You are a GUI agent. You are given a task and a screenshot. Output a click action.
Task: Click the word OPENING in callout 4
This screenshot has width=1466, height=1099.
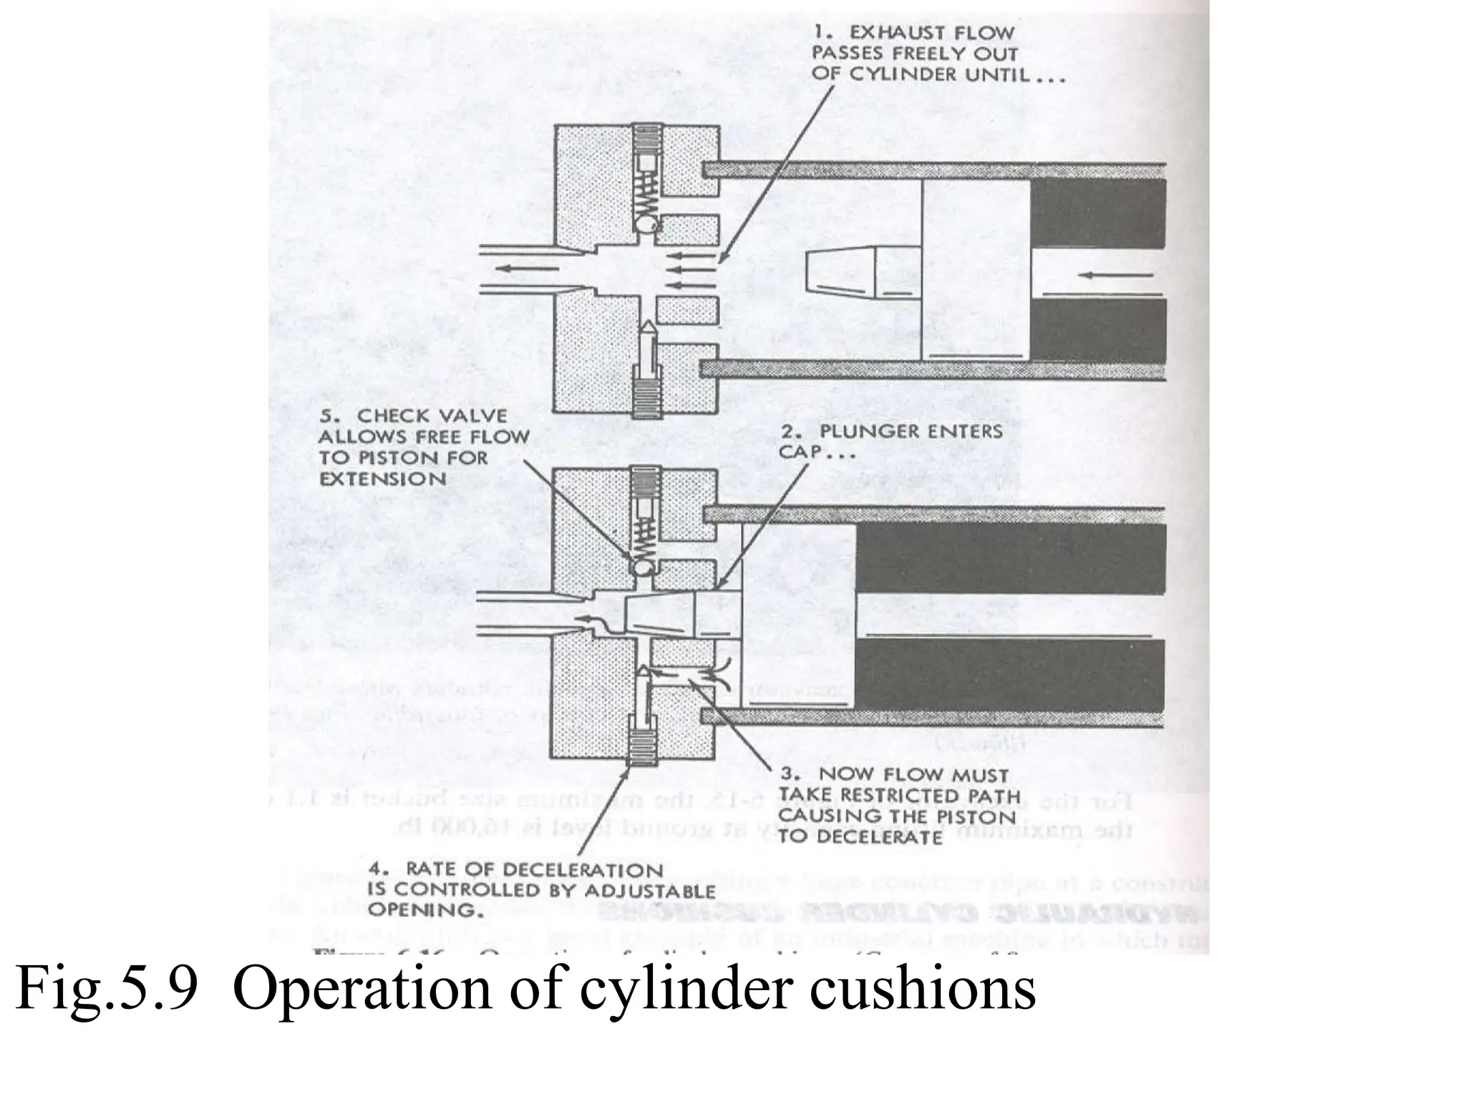click(x=421, y=911)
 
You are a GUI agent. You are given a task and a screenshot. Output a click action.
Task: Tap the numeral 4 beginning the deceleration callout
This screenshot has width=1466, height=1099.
click(x=375, y=869)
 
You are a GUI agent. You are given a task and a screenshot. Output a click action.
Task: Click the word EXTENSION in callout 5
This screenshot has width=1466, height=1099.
click(x=382, y=479)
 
